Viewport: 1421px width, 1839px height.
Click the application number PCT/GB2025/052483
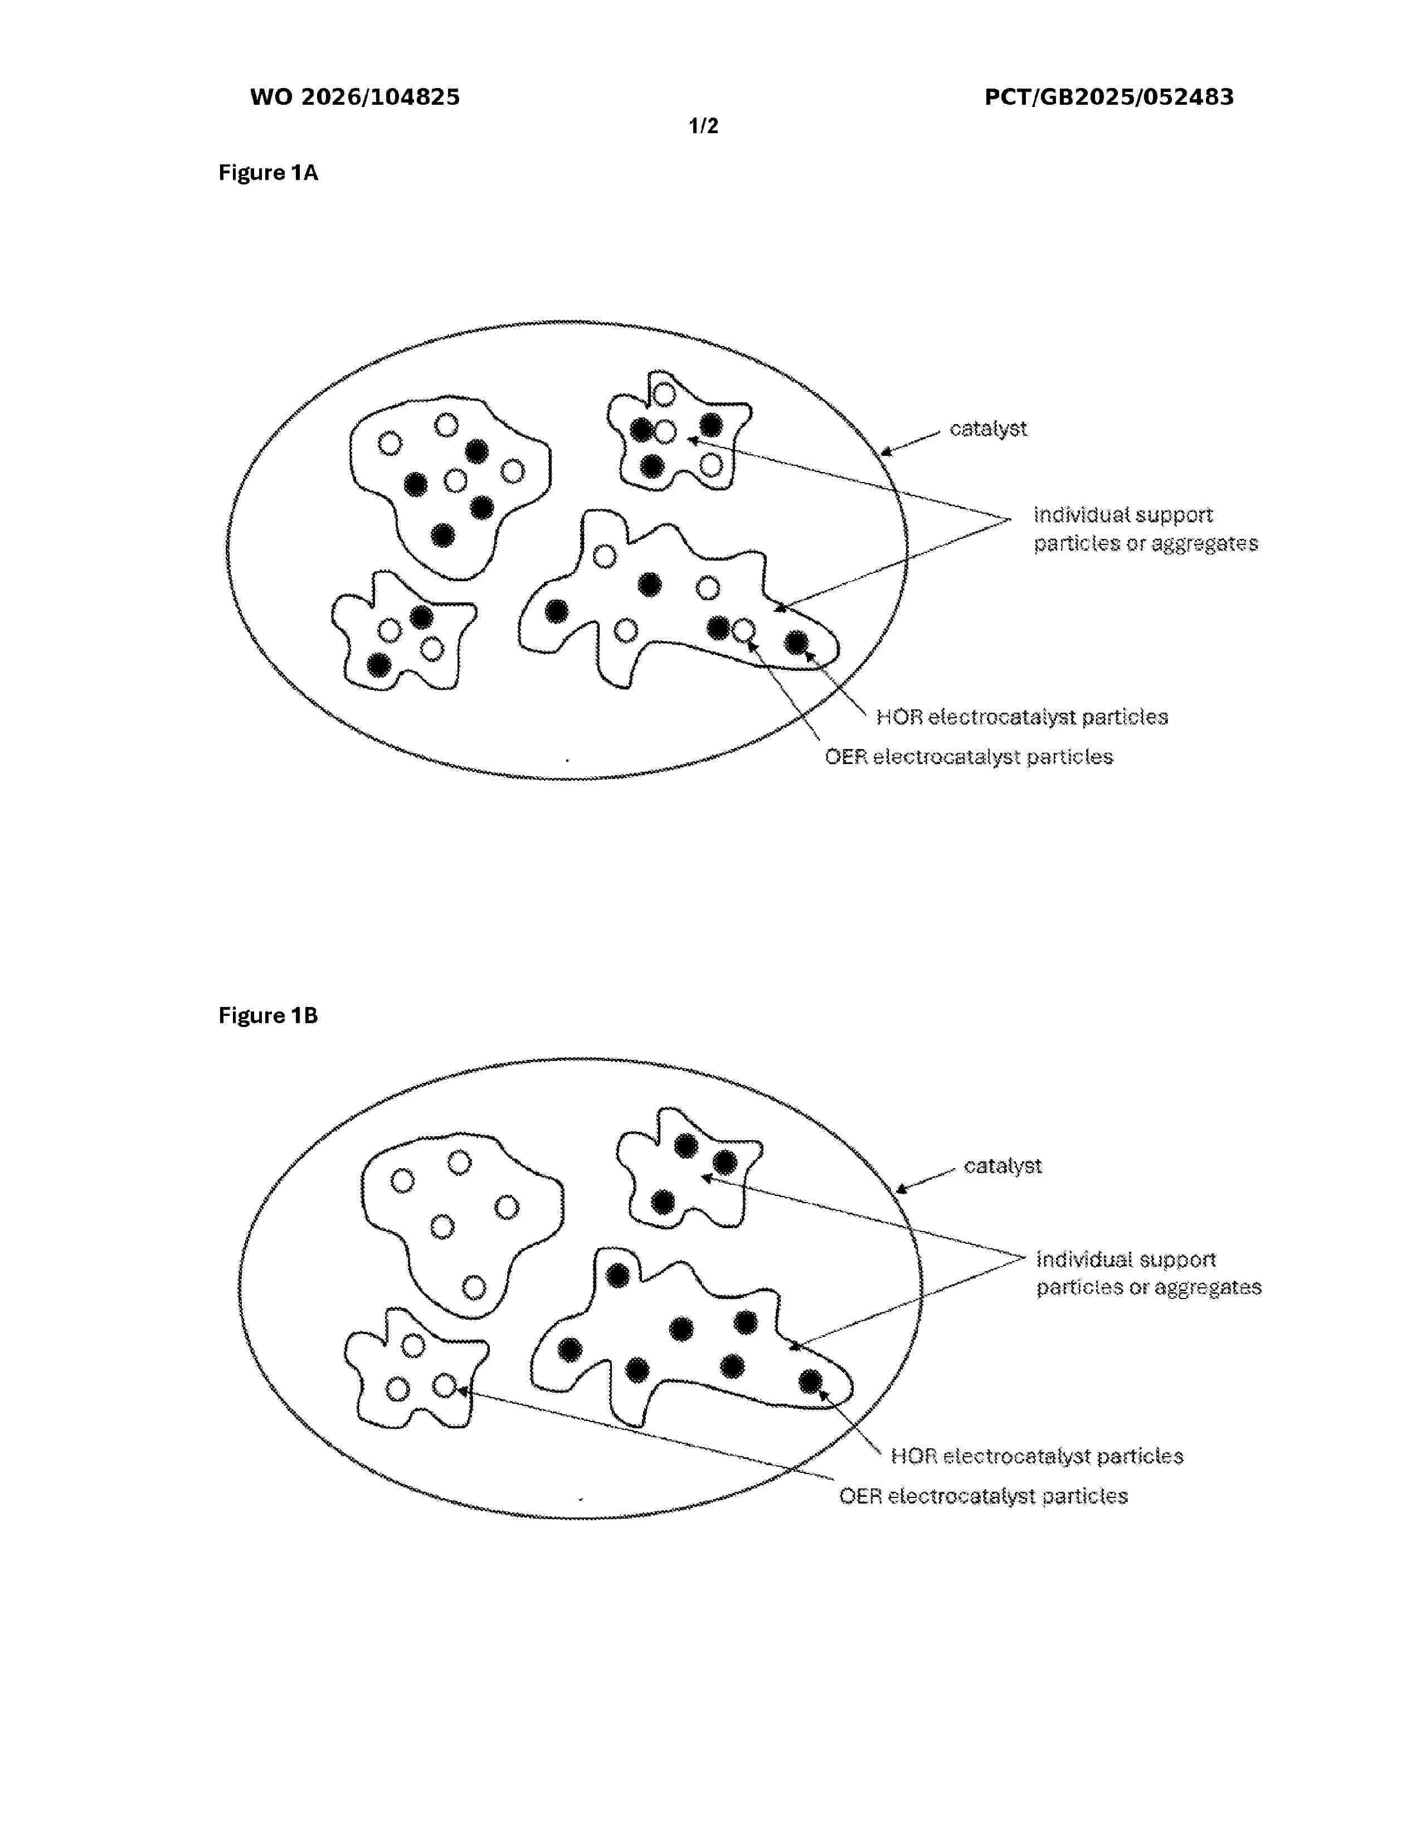click(1109, 98)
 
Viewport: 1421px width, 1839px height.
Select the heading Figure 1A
click(267, 173)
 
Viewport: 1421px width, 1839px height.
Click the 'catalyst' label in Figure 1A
click(989, 429)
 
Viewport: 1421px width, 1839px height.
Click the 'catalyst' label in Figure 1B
click(1003, 1166)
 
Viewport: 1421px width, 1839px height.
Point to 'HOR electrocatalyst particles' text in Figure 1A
click(1022, 717)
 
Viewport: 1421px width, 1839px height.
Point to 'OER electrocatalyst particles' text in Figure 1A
click(968, 757)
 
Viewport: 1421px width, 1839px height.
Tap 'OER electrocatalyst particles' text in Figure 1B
click(983, 1496)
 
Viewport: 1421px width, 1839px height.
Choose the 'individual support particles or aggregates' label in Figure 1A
click(1146, 529)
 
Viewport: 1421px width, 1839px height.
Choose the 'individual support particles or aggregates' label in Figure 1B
click(1149, 1273)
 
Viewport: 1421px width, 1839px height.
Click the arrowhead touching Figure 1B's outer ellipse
click(901, 1190)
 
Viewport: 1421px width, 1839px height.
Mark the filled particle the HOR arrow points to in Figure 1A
click(796, 643)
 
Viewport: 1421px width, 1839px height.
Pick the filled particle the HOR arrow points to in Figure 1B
click(810, 1381)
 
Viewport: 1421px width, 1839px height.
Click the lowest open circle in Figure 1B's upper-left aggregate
click(474, 1287)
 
